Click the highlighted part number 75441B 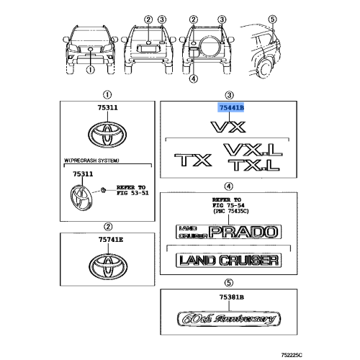point(230,108)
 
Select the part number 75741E point(111,239)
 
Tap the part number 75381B point(232,297)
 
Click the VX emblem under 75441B point(228,127)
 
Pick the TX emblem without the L point(193,161)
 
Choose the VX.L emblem point(253,150)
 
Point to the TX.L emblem point(254,165)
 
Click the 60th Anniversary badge point(229,319)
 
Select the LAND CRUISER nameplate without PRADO point(228,261)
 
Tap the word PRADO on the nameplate point(243,232)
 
